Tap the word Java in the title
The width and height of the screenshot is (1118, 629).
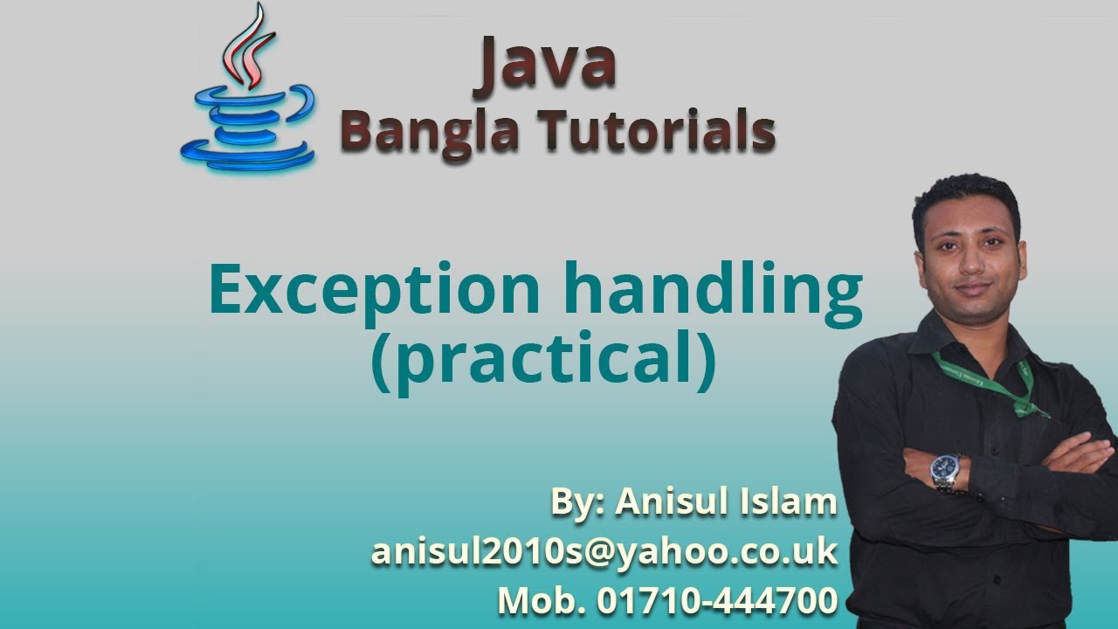click(x=545, y=63)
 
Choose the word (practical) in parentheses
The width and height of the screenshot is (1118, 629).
click(x=542, y=360)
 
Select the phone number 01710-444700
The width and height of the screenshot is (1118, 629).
click(x=717, y=600)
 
